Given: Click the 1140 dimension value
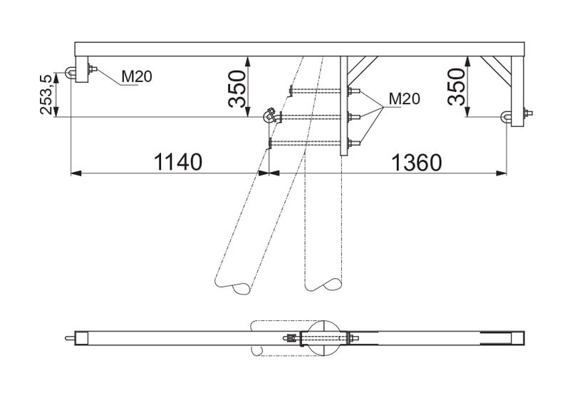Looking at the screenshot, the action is click(177, 162).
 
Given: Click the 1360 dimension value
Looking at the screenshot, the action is click(416, 163).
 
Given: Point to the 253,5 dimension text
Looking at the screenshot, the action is click(46, 94).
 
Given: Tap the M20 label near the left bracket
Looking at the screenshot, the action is click(136, 76).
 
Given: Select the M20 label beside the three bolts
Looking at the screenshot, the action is click(404, 98).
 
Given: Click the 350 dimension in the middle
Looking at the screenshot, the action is click(237, 88).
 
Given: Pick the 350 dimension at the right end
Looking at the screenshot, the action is click(456, 86).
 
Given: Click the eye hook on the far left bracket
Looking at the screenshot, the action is click(70, 73).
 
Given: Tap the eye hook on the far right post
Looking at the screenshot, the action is click(507, 116).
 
